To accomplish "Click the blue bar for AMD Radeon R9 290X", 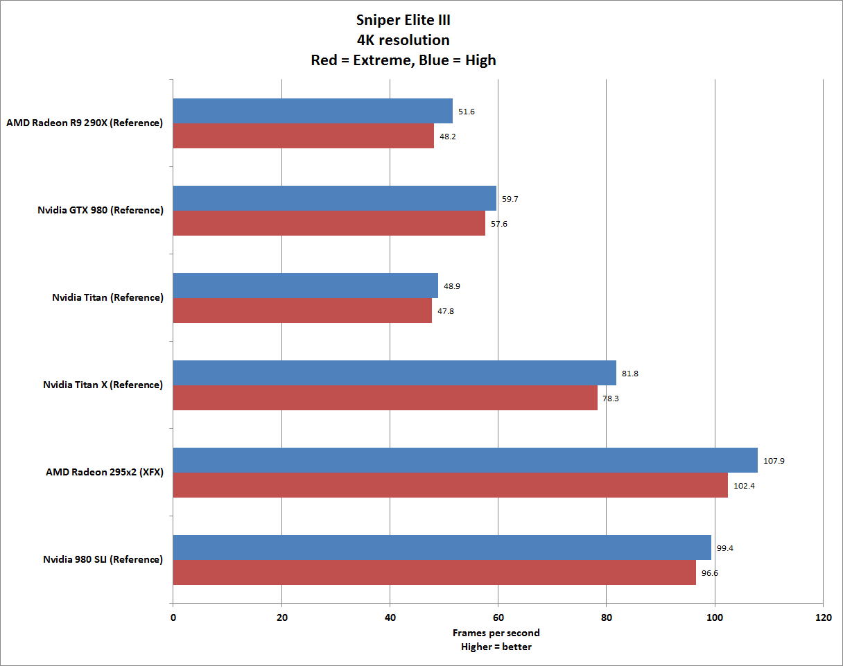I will pyautogui.click(x=312, y=111).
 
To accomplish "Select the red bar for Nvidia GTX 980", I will pyautogui.click(x=329, y=223).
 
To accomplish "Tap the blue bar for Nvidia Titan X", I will pyautogui.click(x=394, y=373).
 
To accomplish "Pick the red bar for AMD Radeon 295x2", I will pyautogui.click(x=450, y=485).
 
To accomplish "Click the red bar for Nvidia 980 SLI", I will pyautogui.click(x=434, y=572).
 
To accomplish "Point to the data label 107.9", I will pyautogui.click(x=774, y=460).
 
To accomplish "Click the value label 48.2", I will pyautogui.click(x=447, y=137).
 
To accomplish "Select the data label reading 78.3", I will pyautogui.click(x=611, y=398).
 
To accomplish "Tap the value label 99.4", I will pyautogui.click(x=725, y=547).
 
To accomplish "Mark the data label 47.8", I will pyautogui.click(x=445, y=311).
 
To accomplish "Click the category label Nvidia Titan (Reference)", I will pyautogui.click(x=107, y=297).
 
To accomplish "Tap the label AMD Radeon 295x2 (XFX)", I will pyautogui.click(x=104, y=472).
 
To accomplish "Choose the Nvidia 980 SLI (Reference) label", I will pyautogui.click(x=103, y=559).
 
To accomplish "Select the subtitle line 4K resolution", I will pyautogui.click(x=403, y=40).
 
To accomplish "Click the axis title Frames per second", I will pyautogui.click(x=496, y=633).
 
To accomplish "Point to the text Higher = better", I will pyautogui.click(x=496, y=647).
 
